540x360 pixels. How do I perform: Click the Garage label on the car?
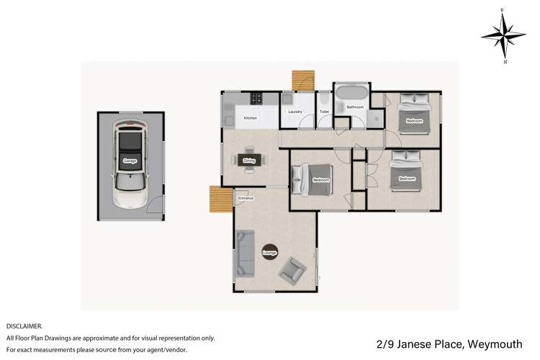pyautogui.click(x=130, y=161)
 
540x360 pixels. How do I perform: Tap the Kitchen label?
pyautogui.click(x=250, y=118)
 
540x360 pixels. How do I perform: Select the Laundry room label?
pyautogui.click(x=294, y=112)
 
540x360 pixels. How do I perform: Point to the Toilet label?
pyautogui.click(x=324, y=112)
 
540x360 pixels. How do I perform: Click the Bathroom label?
pyautogui.click(x=354, y=107)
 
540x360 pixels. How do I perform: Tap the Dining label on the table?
pyautogui.click(x=249, y=161)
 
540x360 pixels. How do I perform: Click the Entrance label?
pyautogui.click(x=246, y=197)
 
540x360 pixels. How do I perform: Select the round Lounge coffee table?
pyautogui.click(x=270, y=252)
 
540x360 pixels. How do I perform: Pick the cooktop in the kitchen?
pyautogui.click(x=256, y=97)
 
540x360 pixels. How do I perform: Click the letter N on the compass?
pyautogui.click(x=504, y=62)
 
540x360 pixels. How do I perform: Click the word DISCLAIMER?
pyautogui.click(x=24, y=326)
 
